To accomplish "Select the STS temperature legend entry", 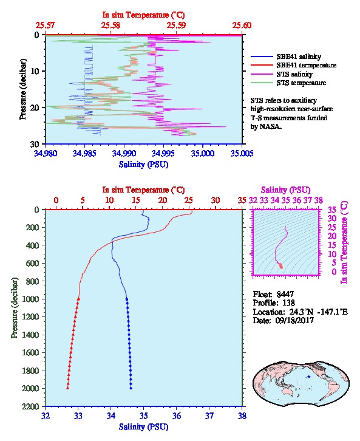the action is (x=288, y=83).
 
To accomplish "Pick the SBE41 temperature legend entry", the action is (x=293, y=65).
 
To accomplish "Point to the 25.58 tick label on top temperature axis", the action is (x=110, y=26).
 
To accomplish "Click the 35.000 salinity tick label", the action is (x=203, y=153).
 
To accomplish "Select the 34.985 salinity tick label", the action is (x=84, y=153).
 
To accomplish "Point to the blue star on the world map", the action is (x=309, y=377).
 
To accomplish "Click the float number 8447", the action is (x=285, y=294).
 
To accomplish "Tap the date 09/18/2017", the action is (x=294, y=320).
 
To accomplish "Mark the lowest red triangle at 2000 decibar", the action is (x=68, y=388).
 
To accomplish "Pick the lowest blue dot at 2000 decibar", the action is (x=131, y=388).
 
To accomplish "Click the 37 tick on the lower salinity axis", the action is (x=209, y=415).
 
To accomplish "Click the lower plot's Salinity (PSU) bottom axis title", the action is (x=144, y=427).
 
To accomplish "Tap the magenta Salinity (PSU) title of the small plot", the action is (x=286, y=190).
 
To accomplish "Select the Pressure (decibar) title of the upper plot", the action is (x=23, y=89).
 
